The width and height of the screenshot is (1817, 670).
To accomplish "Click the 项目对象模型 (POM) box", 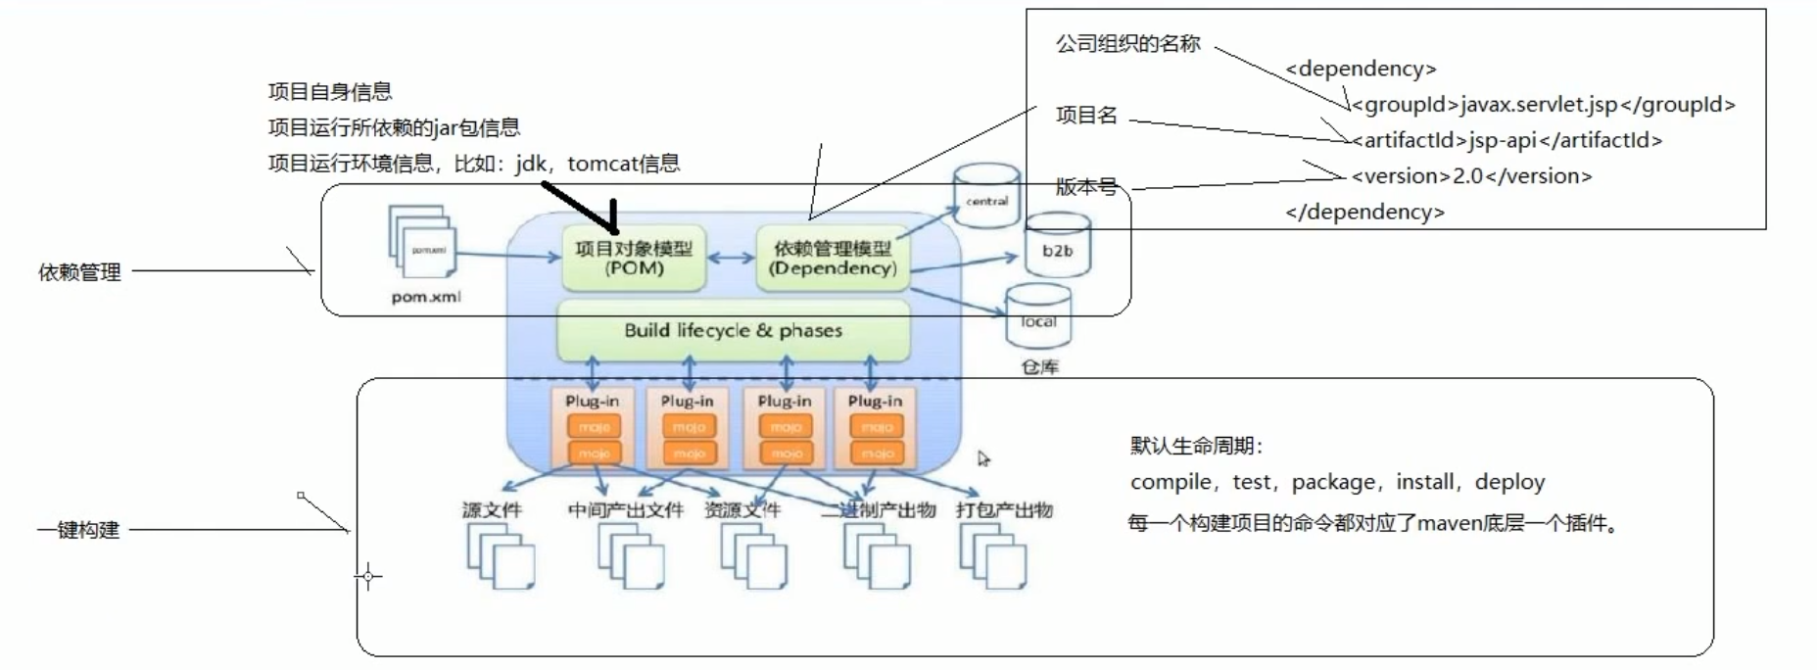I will point(634,258).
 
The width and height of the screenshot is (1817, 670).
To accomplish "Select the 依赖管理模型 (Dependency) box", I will point(833,258).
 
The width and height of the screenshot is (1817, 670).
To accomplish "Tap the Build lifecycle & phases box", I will point(733,330).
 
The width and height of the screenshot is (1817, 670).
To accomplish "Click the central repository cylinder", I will point(986,197).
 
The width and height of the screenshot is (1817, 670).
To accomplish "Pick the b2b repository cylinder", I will point(1057,248).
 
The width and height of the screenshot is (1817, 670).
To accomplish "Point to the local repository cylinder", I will point(1038,316).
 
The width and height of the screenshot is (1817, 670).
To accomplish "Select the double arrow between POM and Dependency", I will point(731,259).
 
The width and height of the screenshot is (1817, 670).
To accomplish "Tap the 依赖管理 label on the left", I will point(79,272).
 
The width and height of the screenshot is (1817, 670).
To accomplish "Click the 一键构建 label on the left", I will point(78,530).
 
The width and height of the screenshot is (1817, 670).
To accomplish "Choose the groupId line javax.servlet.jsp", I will point(1543,105).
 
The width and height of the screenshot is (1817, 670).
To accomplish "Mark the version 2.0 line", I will point(1471,176).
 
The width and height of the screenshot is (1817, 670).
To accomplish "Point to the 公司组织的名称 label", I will point(1127,44).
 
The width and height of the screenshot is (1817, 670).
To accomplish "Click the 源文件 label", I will point(492,510).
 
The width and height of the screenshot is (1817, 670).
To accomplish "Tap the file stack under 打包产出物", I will point(993,555).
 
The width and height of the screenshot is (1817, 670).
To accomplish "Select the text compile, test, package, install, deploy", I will point(1337,482).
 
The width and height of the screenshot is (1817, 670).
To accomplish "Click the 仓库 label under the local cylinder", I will point(1039,367).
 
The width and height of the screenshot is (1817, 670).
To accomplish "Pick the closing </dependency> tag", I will point(1364,212).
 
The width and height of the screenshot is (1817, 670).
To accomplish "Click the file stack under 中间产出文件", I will point(631,555).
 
